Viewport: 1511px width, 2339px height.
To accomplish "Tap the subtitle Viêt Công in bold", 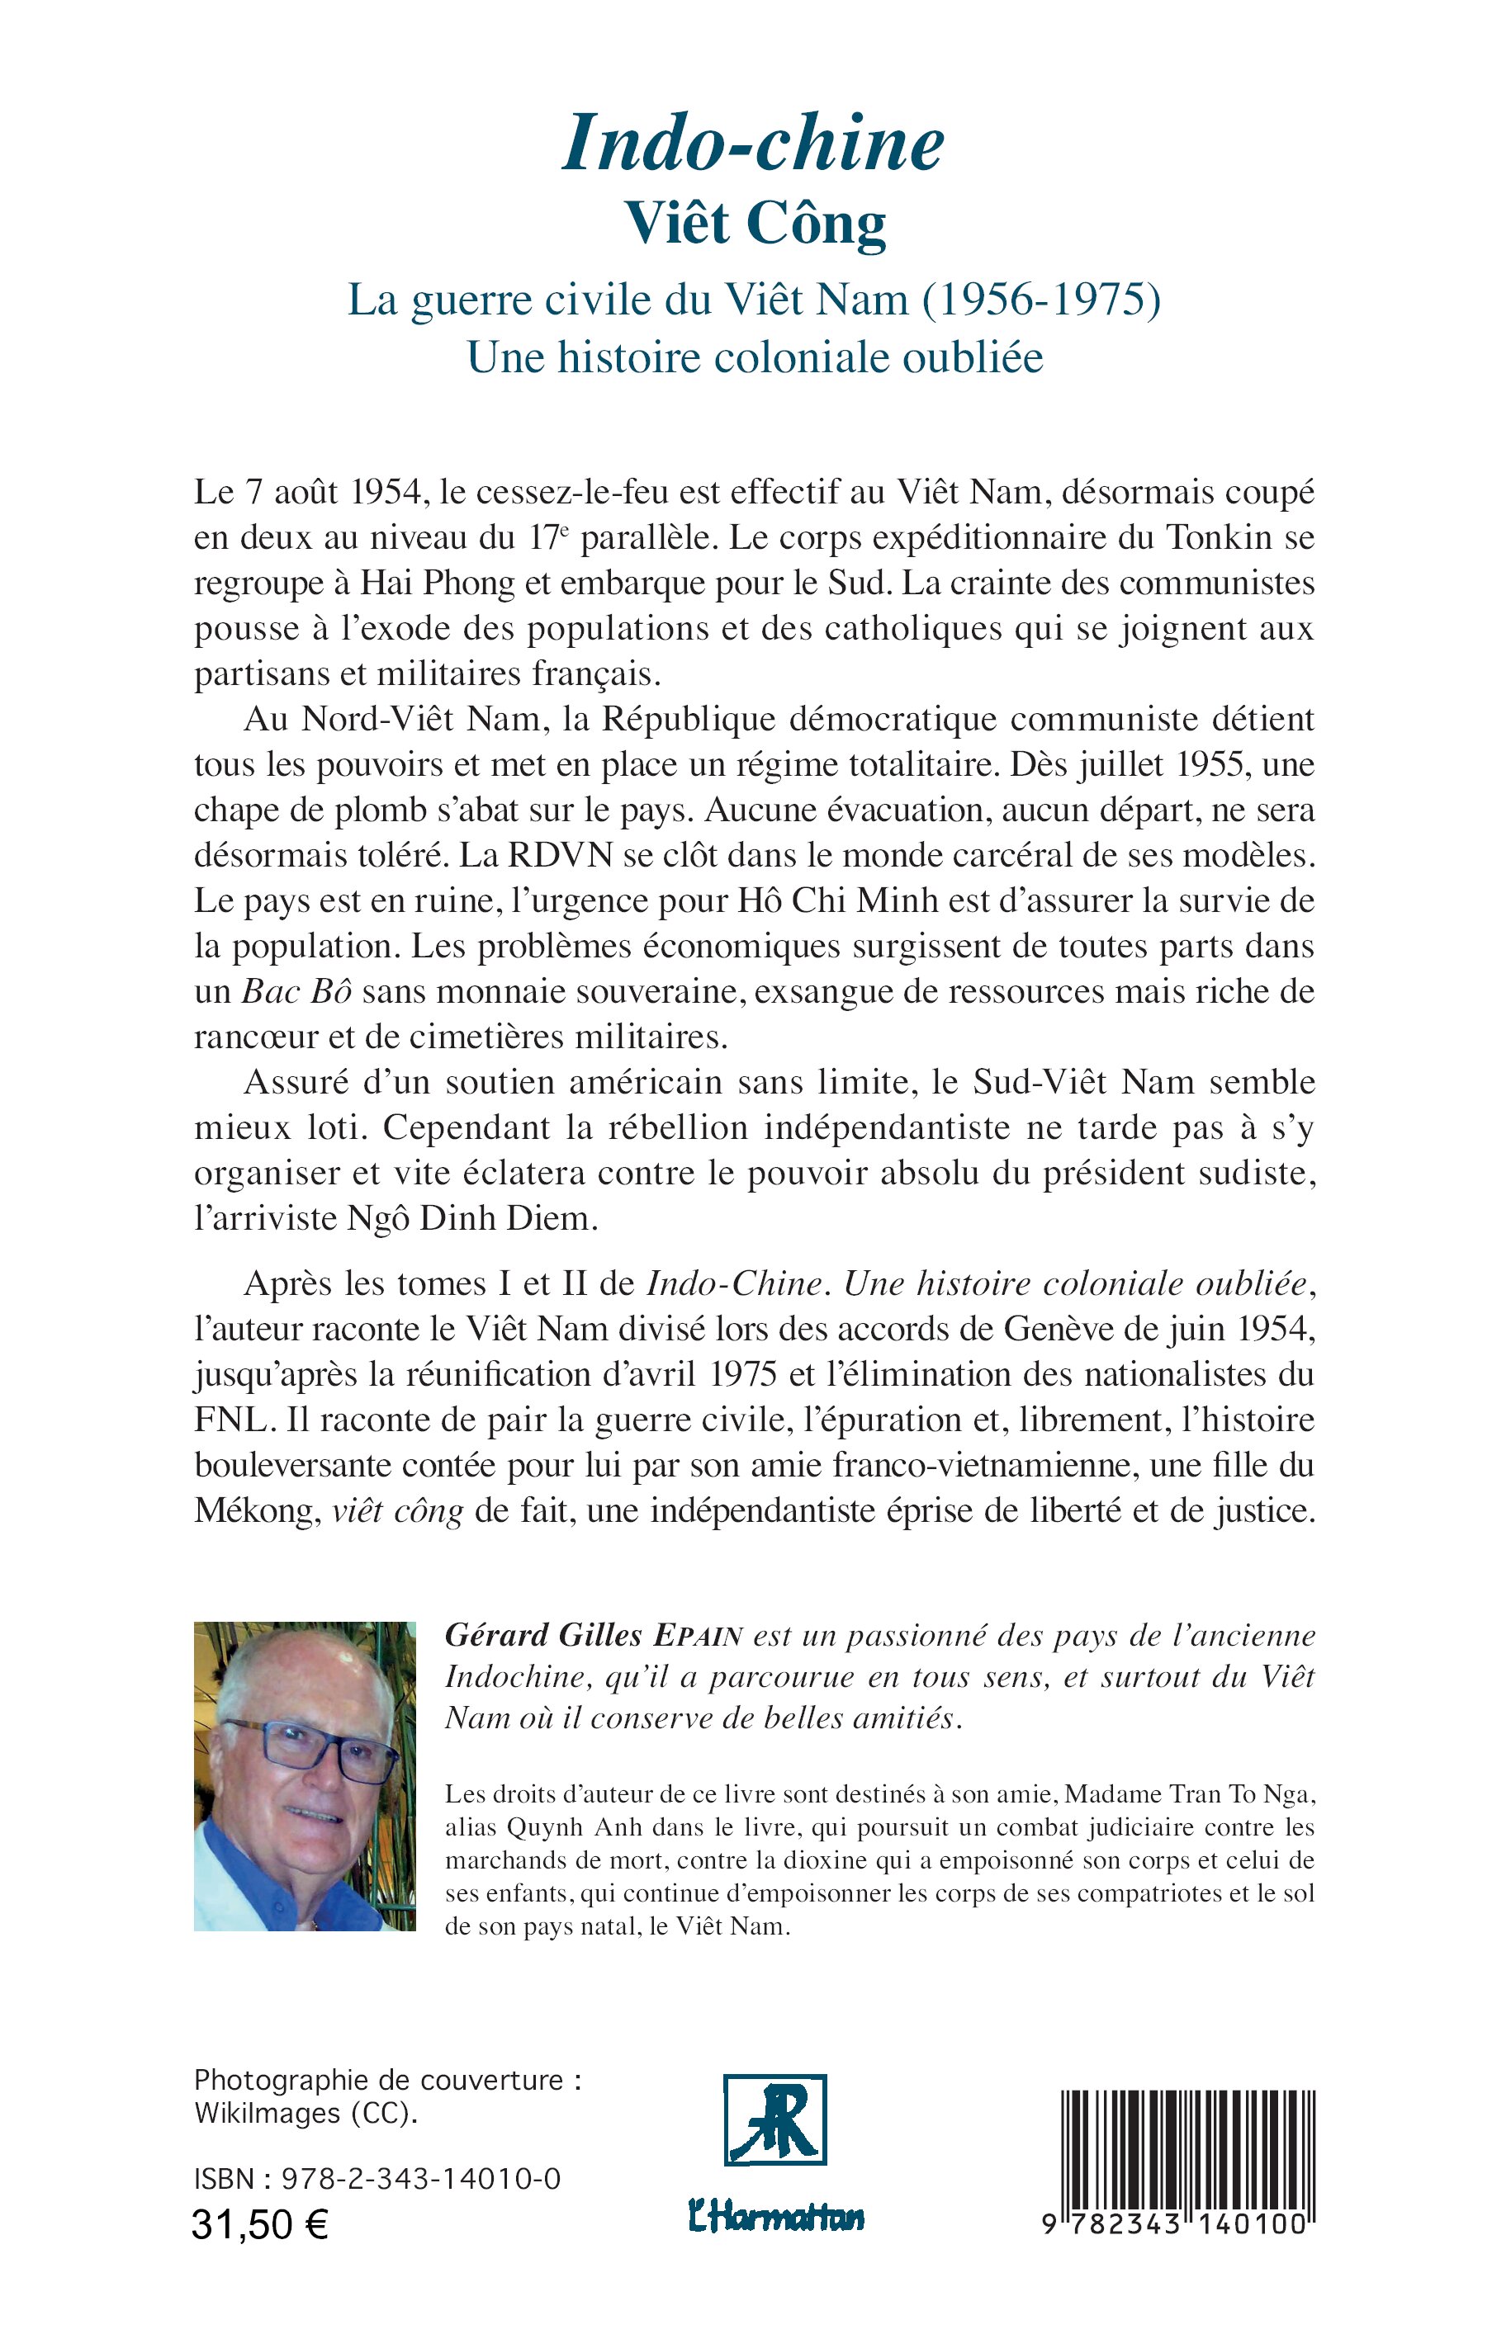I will pos(755,225).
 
